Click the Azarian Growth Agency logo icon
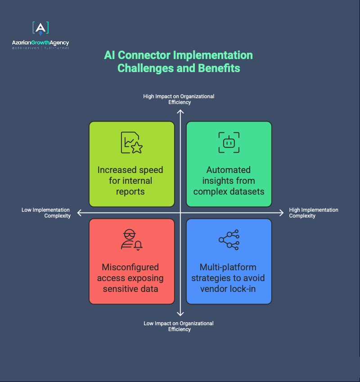click(40, 28)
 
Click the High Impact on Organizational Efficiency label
click(179, 99)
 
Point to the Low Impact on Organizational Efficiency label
click(179, 326)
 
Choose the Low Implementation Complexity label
click(46, 213)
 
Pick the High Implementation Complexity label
click(314, 213)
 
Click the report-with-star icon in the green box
click(132, 142)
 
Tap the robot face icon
click(229, 142)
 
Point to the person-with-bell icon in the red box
click(132, 240)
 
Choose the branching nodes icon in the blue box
click(229, 240)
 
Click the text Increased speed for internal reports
click(130, 181)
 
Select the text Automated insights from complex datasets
click(229, 181)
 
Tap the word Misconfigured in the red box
click(130, 267)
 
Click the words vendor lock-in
click(228, 289)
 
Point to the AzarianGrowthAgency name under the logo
click(40, 43)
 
